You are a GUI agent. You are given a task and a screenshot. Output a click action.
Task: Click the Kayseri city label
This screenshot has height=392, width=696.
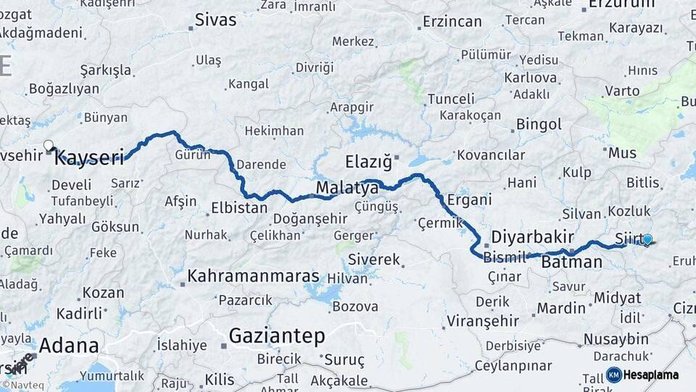(x=90, y=157)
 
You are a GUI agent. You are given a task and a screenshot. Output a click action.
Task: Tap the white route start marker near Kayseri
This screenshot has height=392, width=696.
(x=49, y=145)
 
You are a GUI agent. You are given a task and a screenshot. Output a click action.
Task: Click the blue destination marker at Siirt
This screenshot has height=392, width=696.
(x=647, y=240)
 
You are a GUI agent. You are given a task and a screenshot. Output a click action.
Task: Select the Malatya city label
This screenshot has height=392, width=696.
(x=347, y=189)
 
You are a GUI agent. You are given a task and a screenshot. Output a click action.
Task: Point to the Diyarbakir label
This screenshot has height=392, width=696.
(x=533, y=237)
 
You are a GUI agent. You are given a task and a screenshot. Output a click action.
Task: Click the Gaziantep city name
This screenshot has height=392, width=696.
(x=277, y=335)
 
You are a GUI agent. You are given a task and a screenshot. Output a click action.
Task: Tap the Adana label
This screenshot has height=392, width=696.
(x=69, y=345)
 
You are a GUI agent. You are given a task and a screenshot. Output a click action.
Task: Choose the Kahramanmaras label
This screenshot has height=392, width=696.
(x=253, y=276)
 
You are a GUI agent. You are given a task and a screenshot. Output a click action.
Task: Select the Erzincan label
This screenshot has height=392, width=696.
(x=452, y=21)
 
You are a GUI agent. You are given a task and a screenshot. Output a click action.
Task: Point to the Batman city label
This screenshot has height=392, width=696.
(x=572, y=262)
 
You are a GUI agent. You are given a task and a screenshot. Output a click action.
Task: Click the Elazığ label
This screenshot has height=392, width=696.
(x=368, y=160)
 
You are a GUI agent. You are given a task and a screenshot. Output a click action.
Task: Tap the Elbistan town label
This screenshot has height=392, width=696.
(x=239, y=208)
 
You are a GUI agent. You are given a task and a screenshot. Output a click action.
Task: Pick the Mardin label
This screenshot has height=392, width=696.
(x=561, y=308)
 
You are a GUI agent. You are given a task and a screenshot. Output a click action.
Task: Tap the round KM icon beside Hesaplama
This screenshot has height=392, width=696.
(x=613, y=375)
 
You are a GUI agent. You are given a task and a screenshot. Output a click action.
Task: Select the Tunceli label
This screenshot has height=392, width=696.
(x=451, y=99)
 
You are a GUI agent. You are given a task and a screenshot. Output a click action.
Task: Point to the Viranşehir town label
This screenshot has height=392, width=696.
(x=482, y=320)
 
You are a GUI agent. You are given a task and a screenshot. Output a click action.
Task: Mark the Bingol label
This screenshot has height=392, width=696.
(x=539, y=124)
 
